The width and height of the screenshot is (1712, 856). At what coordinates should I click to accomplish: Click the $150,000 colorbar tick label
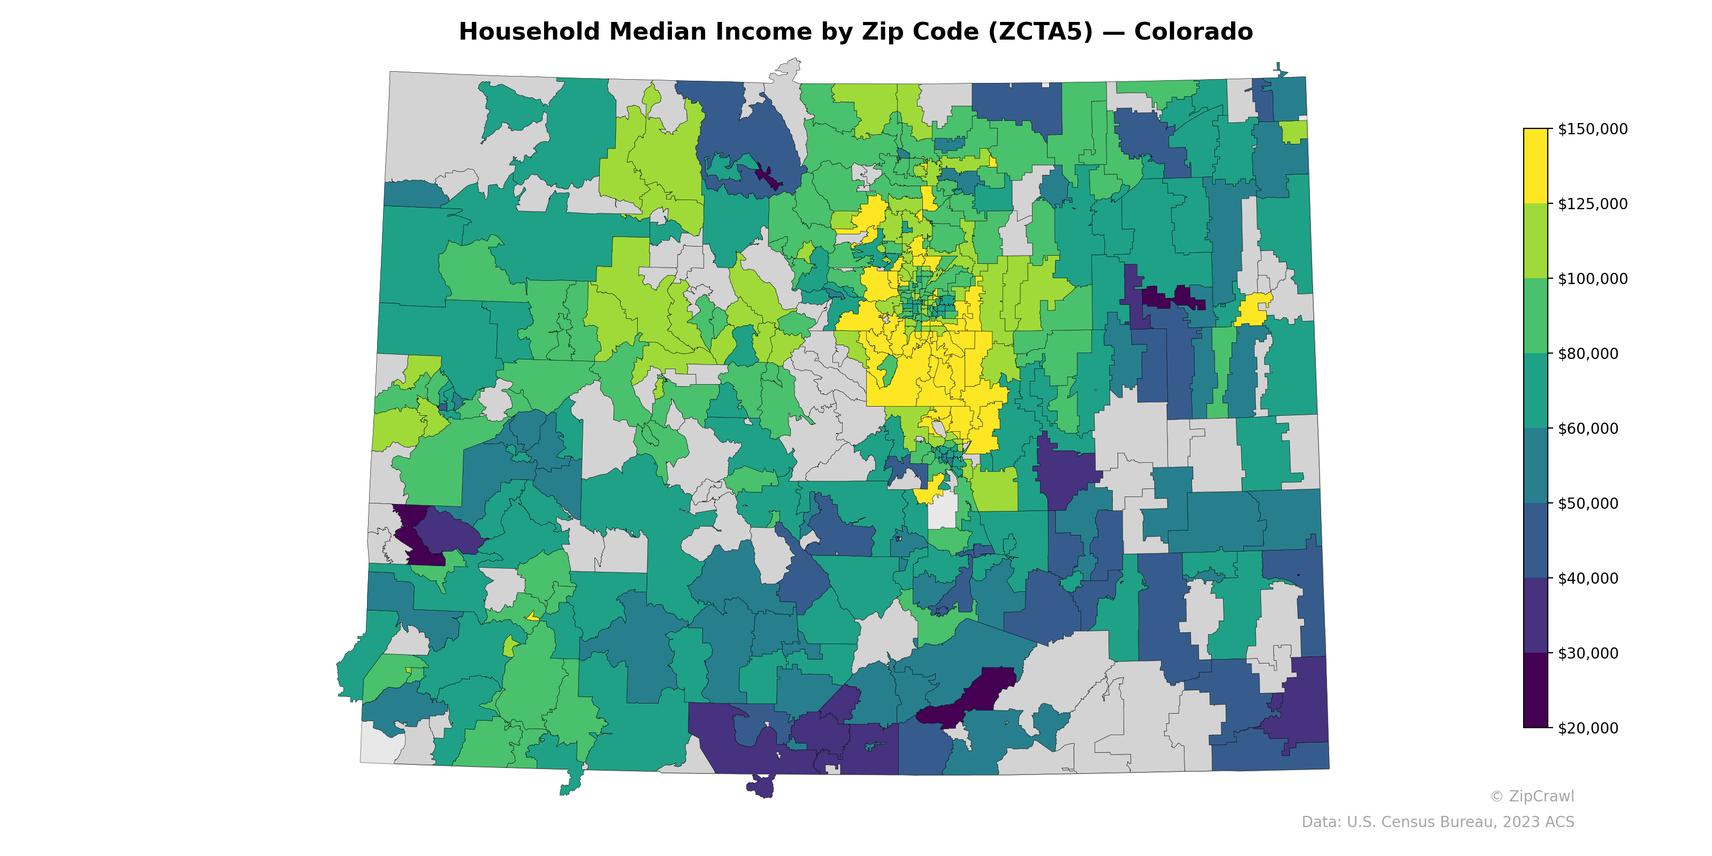tap(1592, 129)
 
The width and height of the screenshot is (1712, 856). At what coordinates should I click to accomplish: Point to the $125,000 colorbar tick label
tap(1592, 204)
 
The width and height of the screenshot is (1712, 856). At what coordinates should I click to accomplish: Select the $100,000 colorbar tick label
tap(1592, 278)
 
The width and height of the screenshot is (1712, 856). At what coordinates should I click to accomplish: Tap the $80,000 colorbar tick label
tap(1588, 354)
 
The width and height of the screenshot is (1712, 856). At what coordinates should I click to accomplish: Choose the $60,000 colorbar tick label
tap(1588, 429)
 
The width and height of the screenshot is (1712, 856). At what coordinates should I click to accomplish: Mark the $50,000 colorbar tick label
tap(1588, 503)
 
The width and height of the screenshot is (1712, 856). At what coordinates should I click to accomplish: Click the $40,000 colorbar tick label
tap(1588, 578)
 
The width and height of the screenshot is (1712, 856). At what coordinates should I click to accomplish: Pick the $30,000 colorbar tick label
tap(1588, 653)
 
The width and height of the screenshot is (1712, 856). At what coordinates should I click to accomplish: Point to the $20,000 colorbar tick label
tap(1588, 728)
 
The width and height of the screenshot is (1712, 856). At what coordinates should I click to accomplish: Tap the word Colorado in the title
tap(1193, 32)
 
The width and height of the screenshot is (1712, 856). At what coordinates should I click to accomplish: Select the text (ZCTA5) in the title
tap(1040, 32)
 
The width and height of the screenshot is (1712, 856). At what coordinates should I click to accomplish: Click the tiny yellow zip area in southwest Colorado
tap(532, 616)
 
